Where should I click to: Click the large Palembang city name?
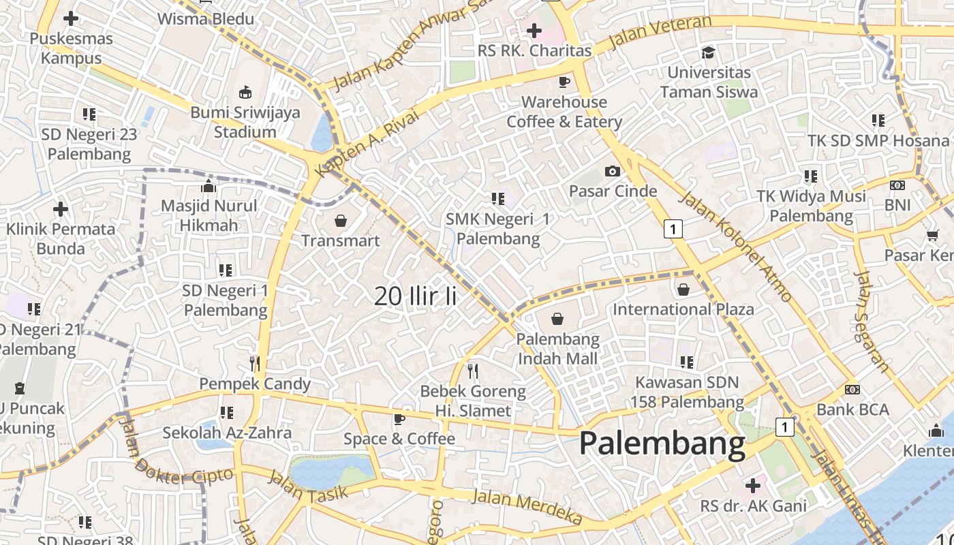[662, 443]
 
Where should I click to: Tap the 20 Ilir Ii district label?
[415, 296]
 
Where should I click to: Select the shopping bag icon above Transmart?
[341, 221]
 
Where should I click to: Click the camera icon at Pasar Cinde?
[613, 171]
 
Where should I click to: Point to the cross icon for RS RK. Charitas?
[534, 31]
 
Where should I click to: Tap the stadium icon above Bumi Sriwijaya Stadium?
[245, 92]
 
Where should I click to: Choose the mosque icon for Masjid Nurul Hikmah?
[209, 186]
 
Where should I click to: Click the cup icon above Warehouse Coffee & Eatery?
[564, 82]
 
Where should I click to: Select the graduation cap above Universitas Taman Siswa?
[709, 52]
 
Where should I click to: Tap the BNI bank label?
[897, 204]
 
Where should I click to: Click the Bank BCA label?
[852, 409]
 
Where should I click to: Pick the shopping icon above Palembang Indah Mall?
[557, 319]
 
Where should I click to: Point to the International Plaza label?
[683, 309]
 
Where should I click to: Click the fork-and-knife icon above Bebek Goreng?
[473, 371]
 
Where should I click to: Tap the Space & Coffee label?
[399, 439]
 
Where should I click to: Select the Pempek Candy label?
[255, 384]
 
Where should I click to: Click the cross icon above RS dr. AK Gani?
[753, 486]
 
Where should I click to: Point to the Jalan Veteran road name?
[659, 32]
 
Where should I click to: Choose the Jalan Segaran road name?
[872, 322]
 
